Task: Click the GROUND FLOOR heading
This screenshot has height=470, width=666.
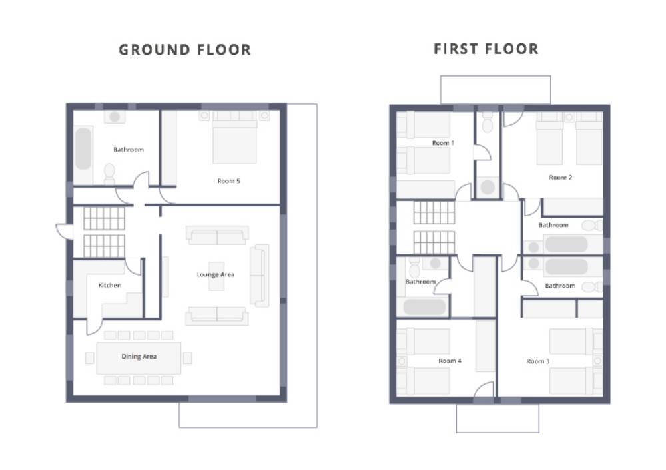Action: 184,50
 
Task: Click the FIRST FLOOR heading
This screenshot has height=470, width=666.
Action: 486,49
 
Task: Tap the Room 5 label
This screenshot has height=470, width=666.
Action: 228,181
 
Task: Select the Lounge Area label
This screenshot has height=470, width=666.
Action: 215,274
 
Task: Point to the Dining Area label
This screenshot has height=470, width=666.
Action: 139,357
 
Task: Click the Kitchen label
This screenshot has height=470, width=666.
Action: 110,285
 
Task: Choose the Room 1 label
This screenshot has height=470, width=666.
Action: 443,143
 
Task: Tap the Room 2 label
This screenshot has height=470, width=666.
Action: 560,178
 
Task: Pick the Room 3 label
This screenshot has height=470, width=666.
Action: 538,361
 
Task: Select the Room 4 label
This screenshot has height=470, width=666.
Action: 450,361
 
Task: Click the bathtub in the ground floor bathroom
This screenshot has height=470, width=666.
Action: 83,148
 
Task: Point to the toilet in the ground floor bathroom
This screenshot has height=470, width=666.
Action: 109,173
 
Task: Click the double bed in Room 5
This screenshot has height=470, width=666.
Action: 234,137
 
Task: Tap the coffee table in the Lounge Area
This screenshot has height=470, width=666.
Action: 216,276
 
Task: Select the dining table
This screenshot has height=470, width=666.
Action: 139,358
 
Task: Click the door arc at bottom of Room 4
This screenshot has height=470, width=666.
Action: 484,389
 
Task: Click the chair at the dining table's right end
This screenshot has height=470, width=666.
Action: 187,358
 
